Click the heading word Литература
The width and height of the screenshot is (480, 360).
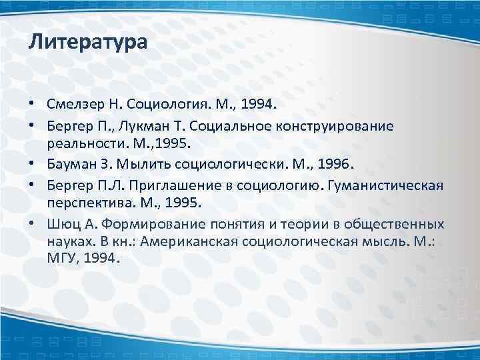tap(87, 44)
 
